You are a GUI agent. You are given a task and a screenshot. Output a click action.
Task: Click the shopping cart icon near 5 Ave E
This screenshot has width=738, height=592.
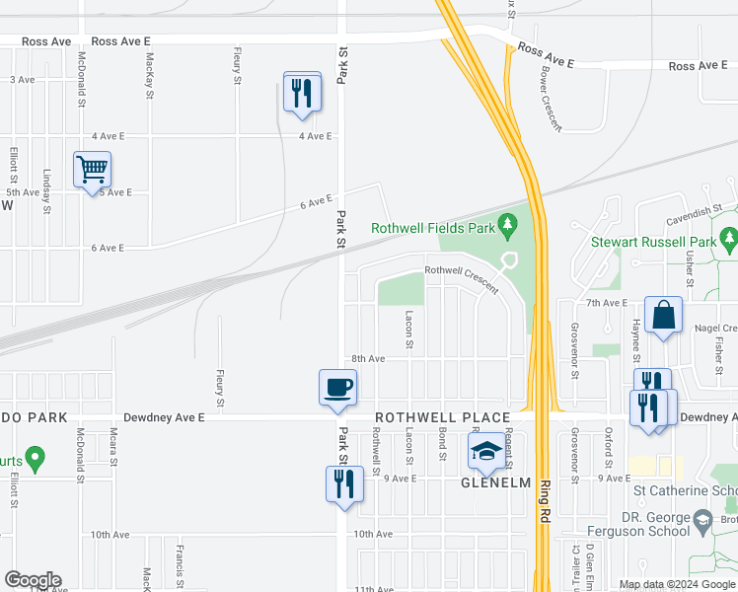point(92,170)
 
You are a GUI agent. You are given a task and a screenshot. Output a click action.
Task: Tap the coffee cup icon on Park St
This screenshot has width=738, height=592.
point(337,386)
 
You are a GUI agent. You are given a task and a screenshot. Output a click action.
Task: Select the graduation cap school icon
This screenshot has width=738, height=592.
point(485,452)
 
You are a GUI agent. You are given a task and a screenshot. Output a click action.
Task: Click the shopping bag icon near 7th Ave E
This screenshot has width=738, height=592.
point(664,315)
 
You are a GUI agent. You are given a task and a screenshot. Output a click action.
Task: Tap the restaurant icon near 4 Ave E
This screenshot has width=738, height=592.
point(302,93)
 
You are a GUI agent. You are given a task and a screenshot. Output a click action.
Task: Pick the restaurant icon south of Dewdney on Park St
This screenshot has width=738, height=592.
point(344,483)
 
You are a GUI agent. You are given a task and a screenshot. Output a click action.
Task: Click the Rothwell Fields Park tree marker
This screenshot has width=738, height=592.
point(508,226)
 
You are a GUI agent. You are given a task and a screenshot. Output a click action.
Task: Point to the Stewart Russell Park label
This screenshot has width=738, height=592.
point(652,241)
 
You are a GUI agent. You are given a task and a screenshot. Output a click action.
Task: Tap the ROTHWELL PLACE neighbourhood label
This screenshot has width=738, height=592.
point(441,417)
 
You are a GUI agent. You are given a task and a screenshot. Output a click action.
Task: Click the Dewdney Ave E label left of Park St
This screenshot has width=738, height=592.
point(163,417)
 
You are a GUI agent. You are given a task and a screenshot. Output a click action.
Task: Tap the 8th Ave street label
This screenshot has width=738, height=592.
point(367,359)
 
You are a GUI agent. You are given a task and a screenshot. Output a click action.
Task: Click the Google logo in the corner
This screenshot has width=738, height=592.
point(33,580)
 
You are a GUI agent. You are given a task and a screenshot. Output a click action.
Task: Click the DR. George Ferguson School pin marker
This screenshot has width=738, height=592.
point(701,517)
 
